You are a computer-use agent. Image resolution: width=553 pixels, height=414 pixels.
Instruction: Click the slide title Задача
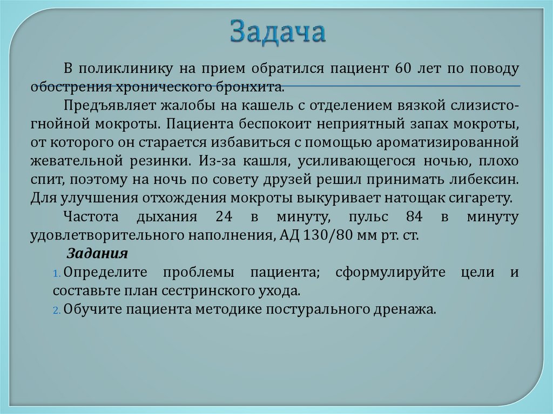coord(278,32)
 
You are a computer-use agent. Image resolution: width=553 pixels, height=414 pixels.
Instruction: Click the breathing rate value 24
coord(223,216)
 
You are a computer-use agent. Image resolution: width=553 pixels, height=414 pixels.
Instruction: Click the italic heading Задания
coord(97,254)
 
